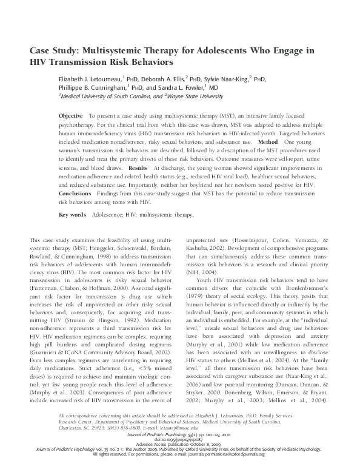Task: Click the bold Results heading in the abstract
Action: point(138,166)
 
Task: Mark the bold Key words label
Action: point(72,215)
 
